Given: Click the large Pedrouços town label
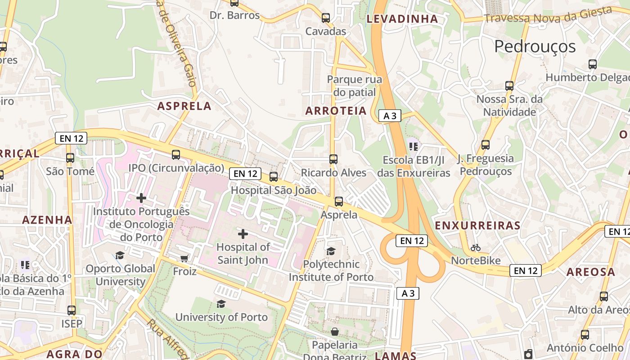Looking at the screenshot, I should tap(535, 46).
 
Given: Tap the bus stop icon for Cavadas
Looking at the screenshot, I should tap(326, 18).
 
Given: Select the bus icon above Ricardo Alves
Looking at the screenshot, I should tap(333, 159).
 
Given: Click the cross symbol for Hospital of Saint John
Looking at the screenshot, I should tap(243, 234).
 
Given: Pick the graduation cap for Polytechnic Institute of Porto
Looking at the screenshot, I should tap(331, 251).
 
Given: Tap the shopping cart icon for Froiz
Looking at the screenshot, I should tap(184, 258).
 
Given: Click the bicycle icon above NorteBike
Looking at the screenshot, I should tap(476, 247).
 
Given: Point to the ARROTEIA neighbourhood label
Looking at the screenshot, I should tap(336, 111).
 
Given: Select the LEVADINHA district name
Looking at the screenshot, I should tap(402, 19).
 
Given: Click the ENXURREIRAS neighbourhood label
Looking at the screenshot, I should tap(477, 225).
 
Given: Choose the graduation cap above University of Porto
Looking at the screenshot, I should tap(221, 304).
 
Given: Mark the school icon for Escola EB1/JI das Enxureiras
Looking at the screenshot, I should tap(414, 146).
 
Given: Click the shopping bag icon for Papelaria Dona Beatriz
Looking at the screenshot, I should tap(335, 332).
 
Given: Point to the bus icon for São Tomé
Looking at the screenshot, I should tap(70, 158).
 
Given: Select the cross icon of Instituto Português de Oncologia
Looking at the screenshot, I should tap(141, 198).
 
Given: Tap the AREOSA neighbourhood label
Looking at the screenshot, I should tap(590, 272).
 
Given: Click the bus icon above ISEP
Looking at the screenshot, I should tap(72, 310).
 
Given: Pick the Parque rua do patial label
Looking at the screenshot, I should tap(354, 86).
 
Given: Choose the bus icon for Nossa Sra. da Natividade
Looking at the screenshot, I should tap(509, 85).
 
